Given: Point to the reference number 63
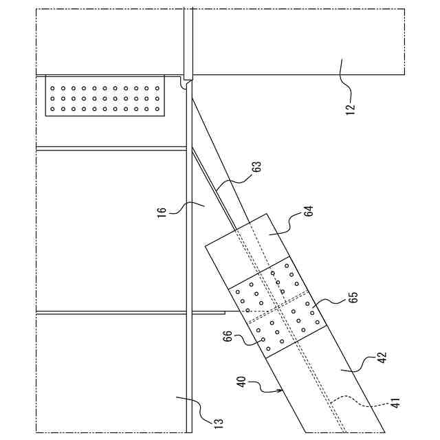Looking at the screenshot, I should point(256,167).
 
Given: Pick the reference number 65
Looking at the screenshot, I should point(353,298).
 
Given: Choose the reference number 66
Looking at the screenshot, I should point(228,337).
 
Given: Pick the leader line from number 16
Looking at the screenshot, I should point(190,205).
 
